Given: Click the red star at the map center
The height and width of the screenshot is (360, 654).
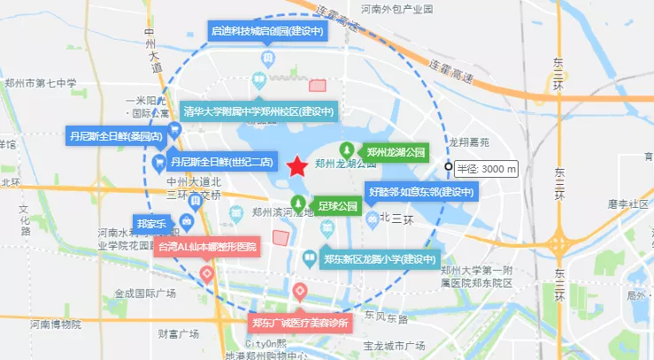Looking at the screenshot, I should (297, 165).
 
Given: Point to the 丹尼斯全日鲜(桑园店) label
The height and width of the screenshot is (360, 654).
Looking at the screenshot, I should (116, 137).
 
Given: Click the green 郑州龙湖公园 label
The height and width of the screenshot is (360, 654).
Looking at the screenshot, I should (396, 152).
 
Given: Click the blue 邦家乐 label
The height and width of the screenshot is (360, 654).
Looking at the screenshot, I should (150, 223).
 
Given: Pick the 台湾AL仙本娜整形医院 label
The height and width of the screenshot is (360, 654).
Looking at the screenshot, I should (208, 247).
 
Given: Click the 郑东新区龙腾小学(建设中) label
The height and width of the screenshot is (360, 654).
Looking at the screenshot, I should (381, 260).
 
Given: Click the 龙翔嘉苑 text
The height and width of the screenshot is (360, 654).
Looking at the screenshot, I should (469, 142).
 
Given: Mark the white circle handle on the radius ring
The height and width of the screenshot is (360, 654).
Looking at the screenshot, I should (449, 166).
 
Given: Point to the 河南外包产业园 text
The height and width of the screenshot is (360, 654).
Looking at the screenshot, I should (396, 9).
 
